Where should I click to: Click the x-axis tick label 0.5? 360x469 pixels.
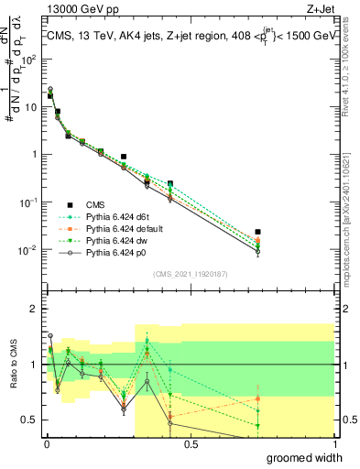tap(191, 444)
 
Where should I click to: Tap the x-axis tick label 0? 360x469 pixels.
tap(46, 444)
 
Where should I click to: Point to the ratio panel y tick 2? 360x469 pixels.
tap(33, 309)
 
